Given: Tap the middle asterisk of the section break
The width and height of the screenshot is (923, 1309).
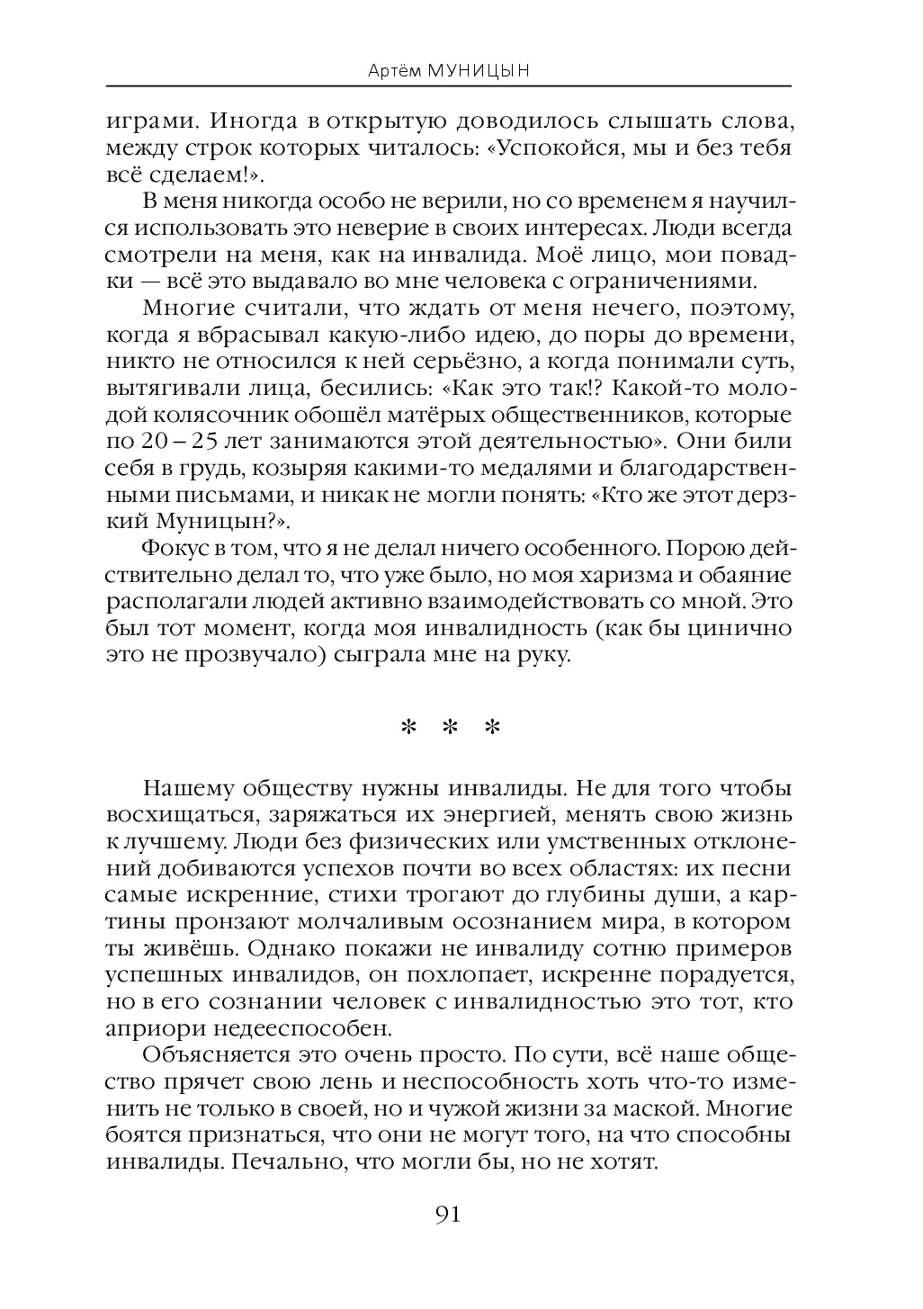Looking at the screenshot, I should click(x=449, y=728).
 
